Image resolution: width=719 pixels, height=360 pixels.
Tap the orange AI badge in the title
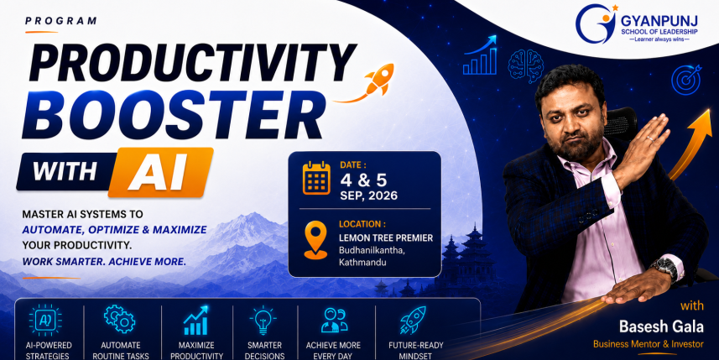[x=160, y=172]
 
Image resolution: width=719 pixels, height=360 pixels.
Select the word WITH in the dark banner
[x=65, y=171]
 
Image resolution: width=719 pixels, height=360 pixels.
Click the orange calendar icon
[x=316, y=178]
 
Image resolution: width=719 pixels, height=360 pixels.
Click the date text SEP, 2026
[x=368, y=196]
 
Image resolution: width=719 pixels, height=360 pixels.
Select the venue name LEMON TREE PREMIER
[x=386, y=238]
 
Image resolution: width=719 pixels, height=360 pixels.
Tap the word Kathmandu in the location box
[x=362, y=263]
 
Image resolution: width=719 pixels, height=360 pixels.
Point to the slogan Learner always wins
[x=659, y=40]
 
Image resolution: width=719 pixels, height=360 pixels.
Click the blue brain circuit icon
[x=525, y=66]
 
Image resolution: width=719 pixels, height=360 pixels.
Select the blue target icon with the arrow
[x=686, y=80]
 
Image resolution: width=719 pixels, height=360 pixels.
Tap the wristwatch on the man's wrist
[x=665, y=269]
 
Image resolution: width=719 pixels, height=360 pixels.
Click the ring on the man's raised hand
[x=649, y=138]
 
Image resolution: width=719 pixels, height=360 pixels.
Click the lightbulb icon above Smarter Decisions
[x=263, y=320]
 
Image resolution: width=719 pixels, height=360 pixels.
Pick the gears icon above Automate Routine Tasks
[x=119, y=319]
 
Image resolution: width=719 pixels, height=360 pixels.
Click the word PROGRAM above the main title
[x=61, y=21]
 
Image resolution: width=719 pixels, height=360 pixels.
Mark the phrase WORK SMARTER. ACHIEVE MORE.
[x=105, y=263]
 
